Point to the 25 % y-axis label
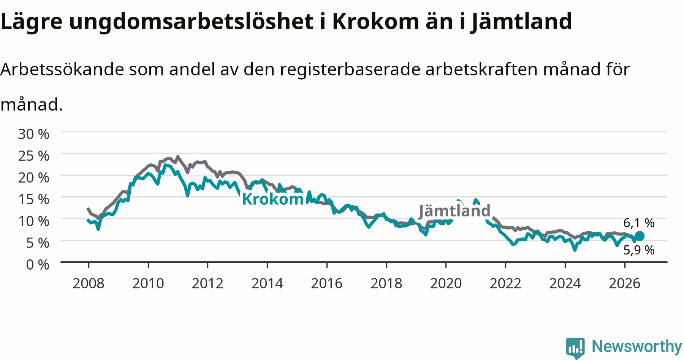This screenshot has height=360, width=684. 33,156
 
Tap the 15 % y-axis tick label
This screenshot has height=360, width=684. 33,199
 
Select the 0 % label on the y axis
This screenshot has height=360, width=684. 38,264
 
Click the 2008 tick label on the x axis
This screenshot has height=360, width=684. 88,283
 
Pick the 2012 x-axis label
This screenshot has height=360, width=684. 207,283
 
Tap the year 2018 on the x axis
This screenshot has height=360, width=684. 386,283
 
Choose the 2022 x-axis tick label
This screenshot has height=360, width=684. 505,283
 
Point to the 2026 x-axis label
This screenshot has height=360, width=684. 624,283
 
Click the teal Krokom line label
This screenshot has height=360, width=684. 273,199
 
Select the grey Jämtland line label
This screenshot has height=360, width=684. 454,211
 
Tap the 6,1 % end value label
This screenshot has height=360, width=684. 639,223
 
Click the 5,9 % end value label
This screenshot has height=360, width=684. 639,250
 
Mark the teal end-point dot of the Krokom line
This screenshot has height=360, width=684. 640,236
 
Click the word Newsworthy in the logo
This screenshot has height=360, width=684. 637,347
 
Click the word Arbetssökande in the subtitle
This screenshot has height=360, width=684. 62,69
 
